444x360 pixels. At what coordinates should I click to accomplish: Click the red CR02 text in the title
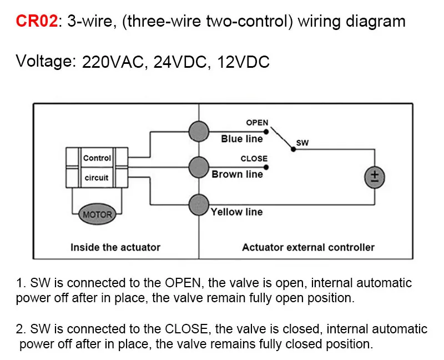37,21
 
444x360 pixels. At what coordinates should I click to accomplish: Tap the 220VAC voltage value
113,62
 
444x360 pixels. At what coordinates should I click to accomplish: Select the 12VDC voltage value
243,62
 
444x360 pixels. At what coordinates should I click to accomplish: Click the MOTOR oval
97,214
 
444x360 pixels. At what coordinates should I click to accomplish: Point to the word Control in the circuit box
97,158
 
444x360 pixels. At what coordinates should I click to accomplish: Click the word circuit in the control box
96,178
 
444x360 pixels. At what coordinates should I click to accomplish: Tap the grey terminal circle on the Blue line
199,131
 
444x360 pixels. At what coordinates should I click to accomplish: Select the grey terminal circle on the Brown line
199,167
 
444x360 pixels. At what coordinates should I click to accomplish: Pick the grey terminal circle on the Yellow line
199,204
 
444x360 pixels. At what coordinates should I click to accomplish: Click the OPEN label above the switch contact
257,123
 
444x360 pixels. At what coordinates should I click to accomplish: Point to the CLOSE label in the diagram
254,158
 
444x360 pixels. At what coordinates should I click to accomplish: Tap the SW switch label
302,143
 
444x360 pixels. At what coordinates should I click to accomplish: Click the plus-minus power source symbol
374,177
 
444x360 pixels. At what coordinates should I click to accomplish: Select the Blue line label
242,139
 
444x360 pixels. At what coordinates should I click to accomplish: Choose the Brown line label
238,174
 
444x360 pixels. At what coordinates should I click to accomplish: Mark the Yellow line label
236,212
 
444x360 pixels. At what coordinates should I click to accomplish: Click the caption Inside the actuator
115,247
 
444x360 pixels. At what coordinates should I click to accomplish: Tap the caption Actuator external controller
308,247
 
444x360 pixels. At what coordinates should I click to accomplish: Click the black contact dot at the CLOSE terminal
266,168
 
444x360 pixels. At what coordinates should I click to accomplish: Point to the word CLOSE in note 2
186,329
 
